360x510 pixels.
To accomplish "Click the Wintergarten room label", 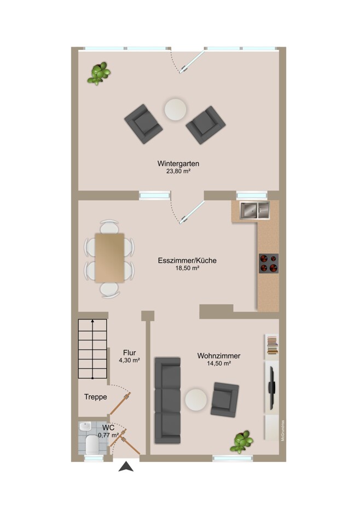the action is [x=178, y=163].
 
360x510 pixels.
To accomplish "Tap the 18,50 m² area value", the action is [x=187, y=268].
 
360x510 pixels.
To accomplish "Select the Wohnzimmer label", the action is [x=219, y=356].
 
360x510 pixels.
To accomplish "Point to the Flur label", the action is [x=130, y=352].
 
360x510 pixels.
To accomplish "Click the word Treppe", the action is [x=96, y=397].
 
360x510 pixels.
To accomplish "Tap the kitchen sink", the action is [x=254, y=210].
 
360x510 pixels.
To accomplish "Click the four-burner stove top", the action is [x=269, y=263].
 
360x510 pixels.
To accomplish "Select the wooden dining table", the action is [x=109, y=258].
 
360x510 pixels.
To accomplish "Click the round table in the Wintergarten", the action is [x=175, y=110].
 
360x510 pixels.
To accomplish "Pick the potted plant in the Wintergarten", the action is [x=98, y=73].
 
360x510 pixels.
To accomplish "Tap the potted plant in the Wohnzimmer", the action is [x=241, y=442].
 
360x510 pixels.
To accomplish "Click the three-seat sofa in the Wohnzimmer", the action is [x=167, y=400].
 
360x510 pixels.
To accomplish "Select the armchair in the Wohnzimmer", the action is [x=225, y=399].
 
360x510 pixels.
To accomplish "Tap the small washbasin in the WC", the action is [x=85, y=426].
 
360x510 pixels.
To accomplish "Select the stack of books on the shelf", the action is [x=272, y=345].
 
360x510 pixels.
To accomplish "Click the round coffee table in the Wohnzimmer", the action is [x=196, y=399].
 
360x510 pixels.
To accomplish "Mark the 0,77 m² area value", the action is [x=109, y=435].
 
